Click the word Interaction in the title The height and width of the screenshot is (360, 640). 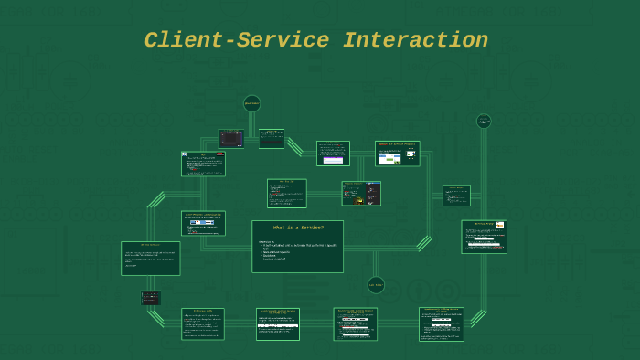point(415,41)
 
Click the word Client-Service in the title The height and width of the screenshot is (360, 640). point(238,41)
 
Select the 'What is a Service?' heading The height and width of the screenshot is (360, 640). point(298,228)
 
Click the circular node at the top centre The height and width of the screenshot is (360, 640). point(251,103)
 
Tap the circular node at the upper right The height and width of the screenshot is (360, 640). point(484,121)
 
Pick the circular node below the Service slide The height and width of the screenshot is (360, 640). point(376,285)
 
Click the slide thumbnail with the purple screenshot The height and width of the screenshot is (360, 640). point(230,138)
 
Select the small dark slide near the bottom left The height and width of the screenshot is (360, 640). point(151,298)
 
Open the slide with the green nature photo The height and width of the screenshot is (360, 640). point(397,154)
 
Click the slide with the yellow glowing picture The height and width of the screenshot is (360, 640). point(361,193)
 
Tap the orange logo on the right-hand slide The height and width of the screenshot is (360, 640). point(500,225)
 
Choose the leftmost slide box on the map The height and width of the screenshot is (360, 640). point(150,259)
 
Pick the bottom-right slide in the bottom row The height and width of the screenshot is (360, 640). point(441,324)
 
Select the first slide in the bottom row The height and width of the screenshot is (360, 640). point(202,324)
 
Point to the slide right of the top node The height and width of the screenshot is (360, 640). point(272,138)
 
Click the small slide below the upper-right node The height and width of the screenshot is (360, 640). point(456,196)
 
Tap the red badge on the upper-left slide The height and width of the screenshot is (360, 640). point(220,154)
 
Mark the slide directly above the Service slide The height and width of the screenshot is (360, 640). point(286,193)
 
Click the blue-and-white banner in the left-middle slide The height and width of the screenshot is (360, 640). point(201,222)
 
